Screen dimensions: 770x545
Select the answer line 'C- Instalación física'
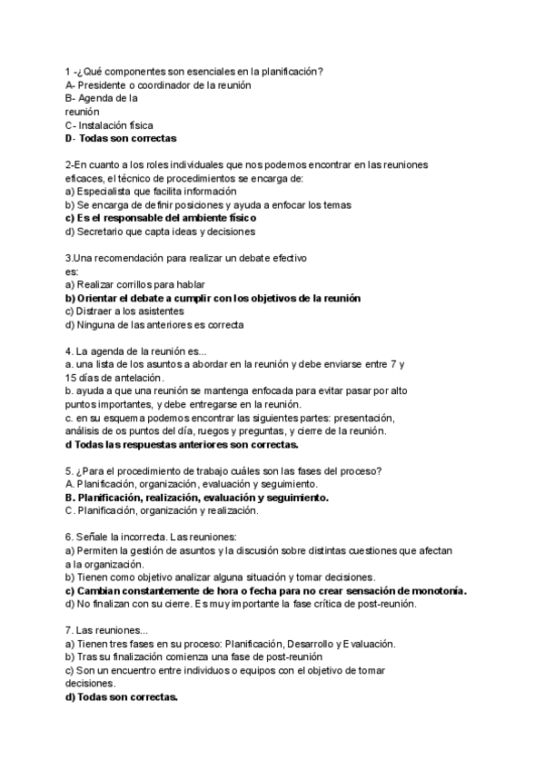point(109,124)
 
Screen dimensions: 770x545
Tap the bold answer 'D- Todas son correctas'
point(121,138)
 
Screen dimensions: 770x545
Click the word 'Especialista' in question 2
point(106,191)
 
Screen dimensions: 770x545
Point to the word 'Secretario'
point(101,232)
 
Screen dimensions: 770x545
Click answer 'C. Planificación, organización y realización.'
point(162,510)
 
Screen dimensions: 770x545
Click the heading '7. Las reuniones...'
point(102,630)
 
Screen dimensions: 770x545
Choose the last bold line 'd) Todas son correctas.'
point(122,696)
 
